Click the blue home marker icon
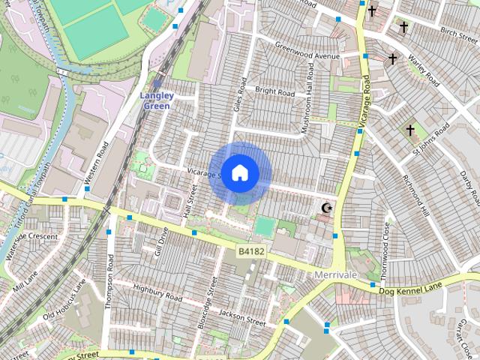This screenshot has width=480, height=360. (x=239, y=173)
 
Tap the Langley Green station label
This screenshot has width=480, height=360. (x=156, y=100)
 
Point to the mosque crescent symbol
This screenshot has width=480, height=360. (x=325, y=208)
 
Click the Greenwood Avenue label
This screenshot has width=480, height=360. (x=307, y=56)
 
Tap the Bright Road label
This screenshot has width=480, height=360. (x=275, y=91)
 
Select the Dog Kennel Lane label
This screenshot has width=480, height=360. (x=411, y=289)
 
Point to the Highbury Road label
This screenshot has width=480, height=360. (x=157, y=292)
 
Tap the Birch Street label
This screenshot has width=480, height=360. (x=459, y=32)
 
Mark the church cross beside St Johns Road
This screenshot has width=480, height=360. (x=410, y=130)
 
